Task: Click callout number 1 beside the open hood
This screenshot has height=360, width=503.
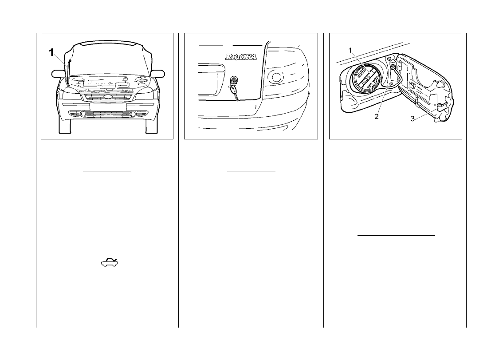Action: pyautogui.click(x=51, y=53)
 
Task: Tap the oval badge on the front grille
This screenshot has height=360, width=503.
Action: pyautogui.click(x=107, y=96)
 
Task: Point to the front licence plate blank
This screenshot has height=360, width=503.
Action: pyautogui.click(x=107, y=107)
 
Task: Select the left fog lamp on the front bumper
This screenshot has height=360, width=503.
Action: pyautogui.click(x=83, y=115)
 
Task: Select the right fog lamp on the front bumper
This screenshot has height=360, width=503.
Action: pyautogui.click(x=133, y=115)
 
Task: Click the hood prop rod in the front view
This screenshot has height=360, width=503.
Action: pyautogui.click(x=69, y=69)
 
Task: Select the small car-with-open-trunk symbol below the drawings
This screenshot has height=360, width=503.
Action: pyautogui.click(x=109, y=263)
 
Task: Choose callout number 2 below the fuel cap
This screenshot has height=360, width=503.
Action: pyautogui.click(x=376, y=117)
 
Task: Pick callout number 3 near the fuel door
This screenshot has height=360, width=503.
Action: pyautogui.click(x=412, y=119)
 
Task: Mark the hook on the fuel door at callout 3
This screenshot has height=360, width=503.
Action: pyautogui.click(x=440, y=106)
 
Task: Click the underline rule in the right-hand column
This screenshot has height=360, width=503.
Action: pyautogui.click(x=396, y=236)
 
